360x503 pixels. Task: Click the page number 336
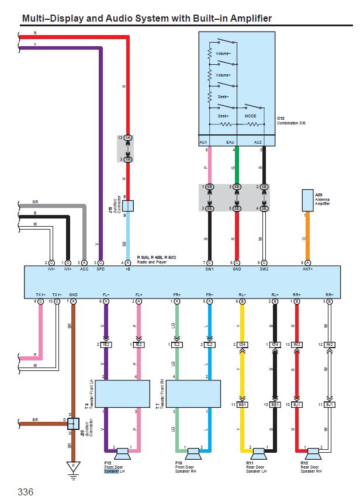click(26, 491)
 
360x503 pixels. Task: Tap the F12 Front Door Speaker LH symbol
click(123, 453)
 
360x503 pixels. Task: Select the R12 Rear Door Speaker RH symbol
click(313, 453)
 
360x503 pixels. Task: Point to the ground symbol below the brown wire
click(72, 468)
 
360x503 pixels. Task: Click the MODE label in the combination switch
click(250, 116)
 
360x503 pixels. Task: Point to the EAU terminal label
click(236, 142)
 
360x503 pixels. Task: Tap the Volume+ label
click(224, 75)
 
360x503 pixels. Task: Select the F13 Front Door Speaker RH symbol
click(193, 453)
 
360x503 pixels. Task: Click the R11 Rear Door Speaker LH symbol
click(258, 453)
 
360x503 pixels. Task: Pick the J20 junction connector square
click(73, 424)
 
